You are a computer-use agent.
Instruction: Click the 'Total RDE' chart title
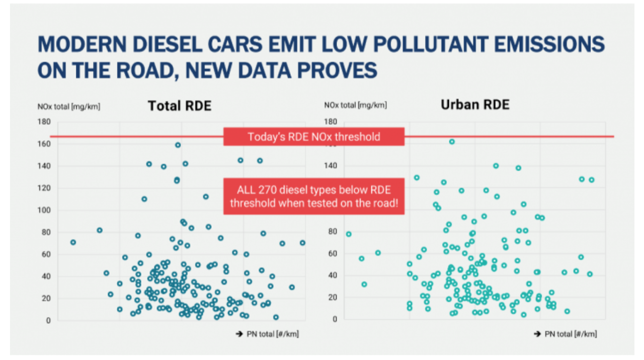[x=179, y=106]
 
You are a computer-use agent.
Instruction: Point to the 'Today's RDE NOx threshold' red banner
[x=313, y=136]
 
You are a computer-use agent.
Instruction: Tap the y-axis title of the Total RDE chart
[x=69, y=106]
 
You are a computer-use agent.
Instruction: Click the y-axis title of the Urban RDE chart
[x=355, y=105]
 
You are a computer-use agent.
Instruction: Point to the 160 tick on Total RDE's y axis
[x=44, y=144]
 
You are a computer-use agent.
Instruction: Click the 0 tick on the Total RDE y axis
[x=48, y=320]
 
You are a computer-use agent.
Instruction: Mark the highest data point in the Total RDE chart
[x=178, y=145]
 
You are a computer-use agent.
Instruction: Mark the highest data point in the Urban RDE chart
[x=452, y=141]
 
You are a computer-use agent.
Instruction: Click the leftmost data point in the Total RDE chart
[x=73, y=242]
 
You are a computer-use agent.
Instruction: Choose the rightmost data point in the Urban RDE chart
[x=592, y=180]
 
